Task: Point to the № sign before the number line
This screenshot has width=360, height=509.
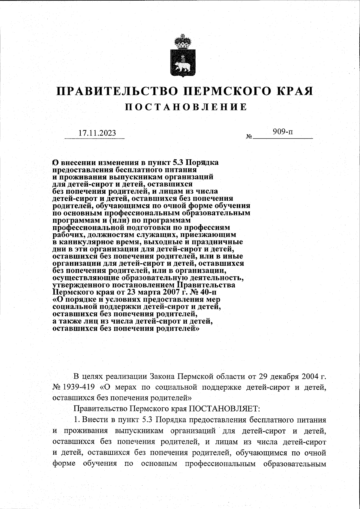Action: (x=249, y=137)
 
